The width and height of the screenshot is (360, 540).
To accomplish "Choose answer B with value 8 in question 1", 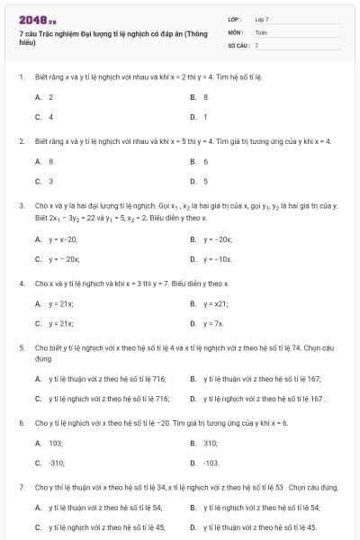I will pyautogui.click(x=205, y=97).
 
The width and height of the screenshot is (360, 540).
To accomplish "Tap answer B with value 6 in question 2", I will pyautogui.click(x=205, y=161).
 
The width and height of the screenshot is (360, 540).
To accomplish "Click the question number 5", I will pyautogui.click(x=21, y=346).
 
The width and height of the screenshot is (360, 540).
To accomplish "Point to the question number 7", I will pyautogui.click(x=21, y=487).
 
